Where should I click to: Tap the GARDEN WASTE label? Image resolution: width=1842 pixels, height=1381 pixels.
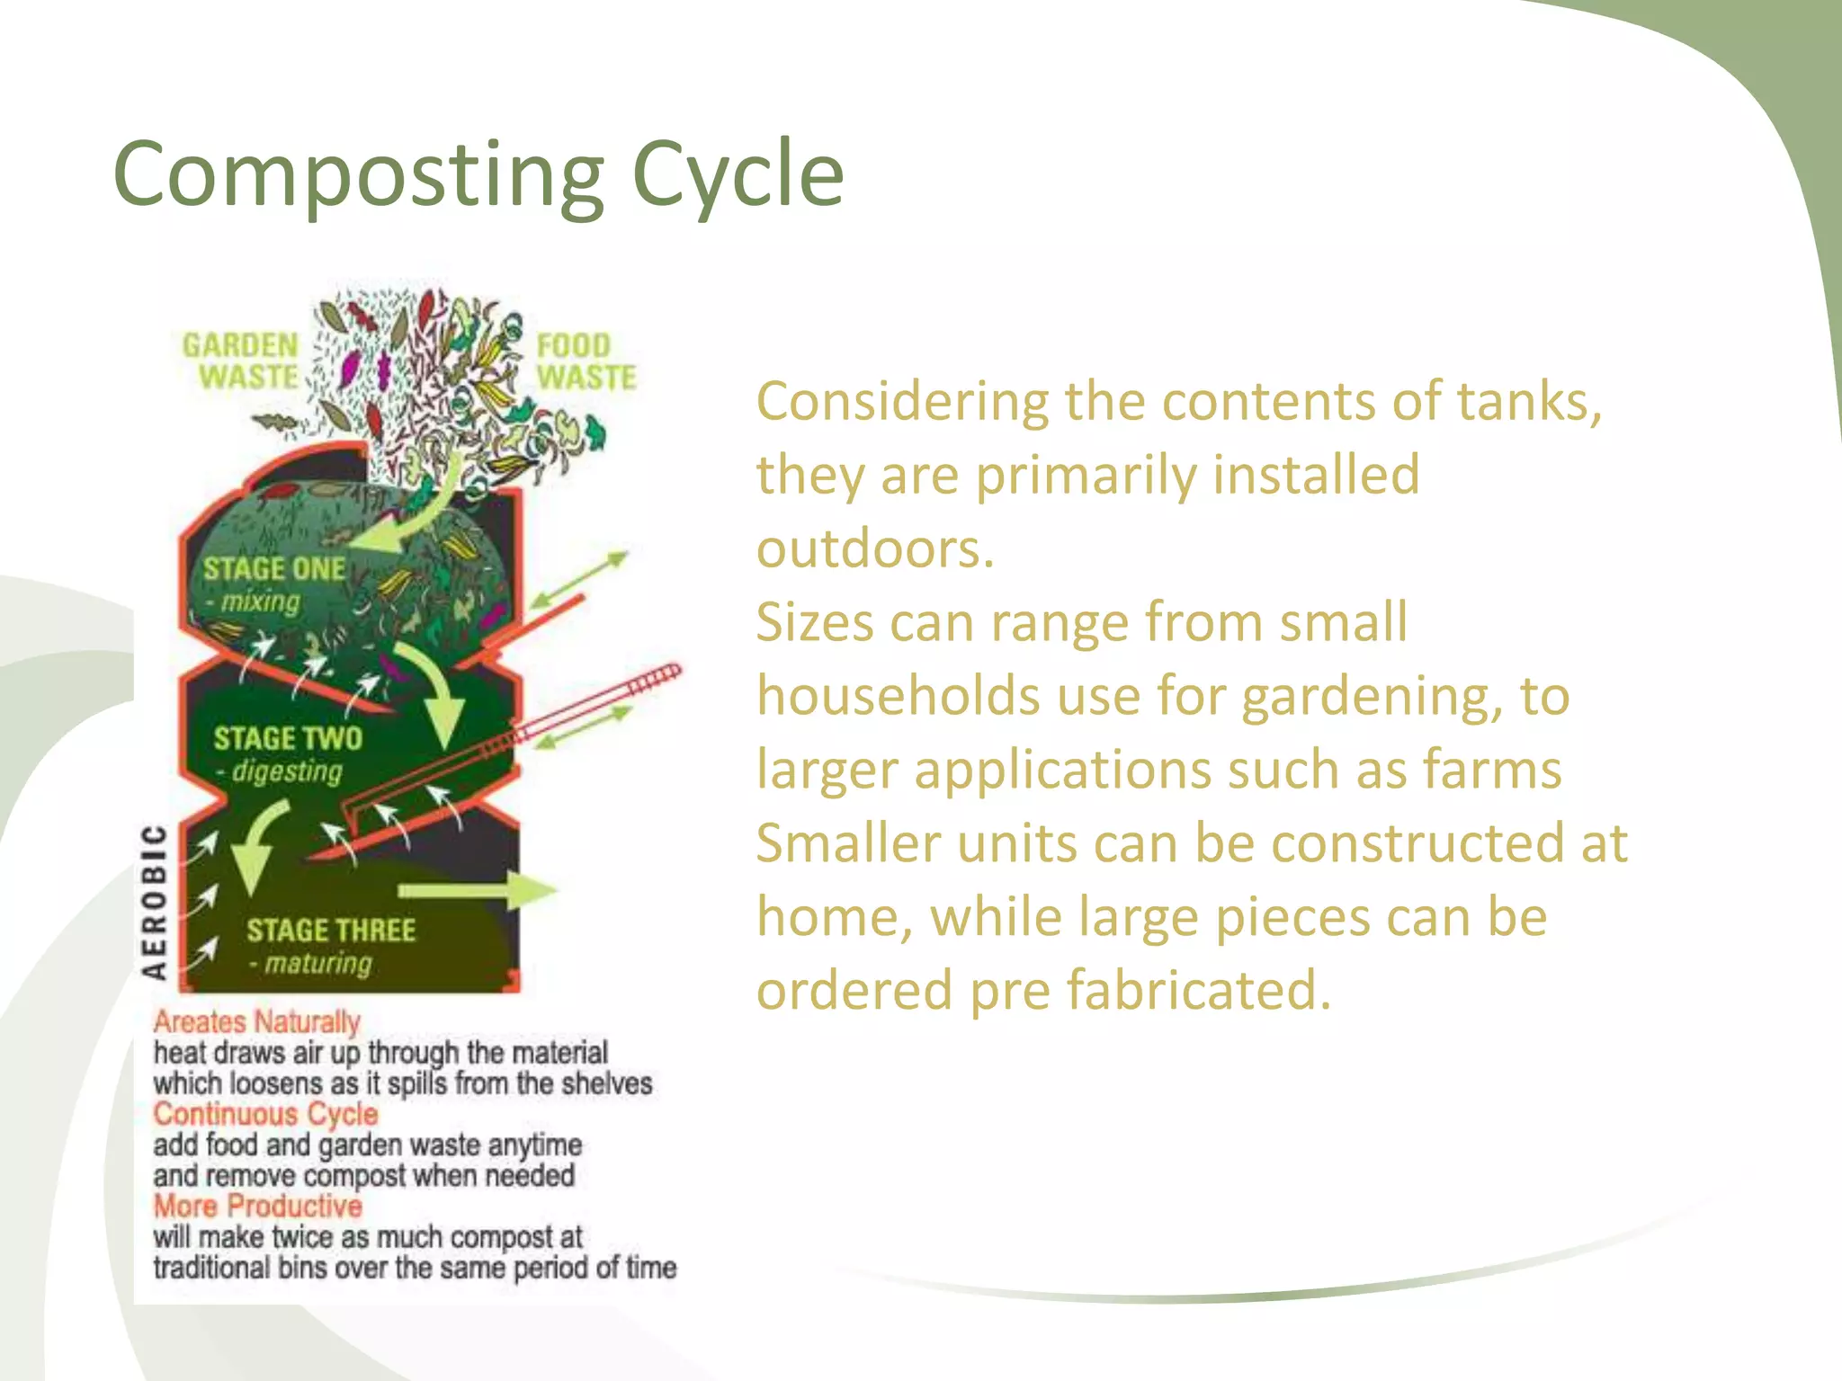[x=241, y=361]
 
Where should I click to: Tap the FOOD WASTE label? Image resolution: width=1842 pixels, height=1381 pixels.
[x=586, y=361]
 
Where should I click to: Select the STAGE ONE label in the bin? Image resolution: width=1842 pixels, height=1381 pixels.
[x=273, y=569]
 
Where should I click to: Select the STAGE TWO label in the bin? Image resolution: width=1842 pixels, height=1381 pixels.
[x=288, y=739]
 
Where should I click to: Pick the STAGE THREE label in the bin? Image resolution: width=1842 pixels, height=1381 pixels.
[x=331, y=931]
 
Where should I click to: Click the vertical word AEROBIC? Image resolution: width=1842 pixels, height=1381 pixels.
[x=155, y=902]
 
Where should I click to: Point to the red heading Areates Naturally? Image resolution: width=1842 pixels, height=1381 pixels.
[x=256, y=1022]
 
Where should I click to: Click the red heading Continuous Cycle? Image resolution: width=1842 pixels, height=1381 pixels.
[x=265, y=1114]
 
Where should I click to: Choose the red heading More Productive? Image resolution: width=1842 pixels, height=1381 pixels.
[x=257, y=1206]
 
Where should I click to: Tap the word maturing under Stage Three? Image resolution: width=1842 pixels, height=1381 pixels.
[x=317, y=964]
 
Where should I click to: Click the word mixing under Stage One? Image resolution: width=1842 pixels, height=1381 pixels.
[x=260, y=601]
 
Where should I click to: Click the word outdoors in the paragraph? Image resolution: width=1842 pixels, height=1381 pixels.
[x=874, y=549]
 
